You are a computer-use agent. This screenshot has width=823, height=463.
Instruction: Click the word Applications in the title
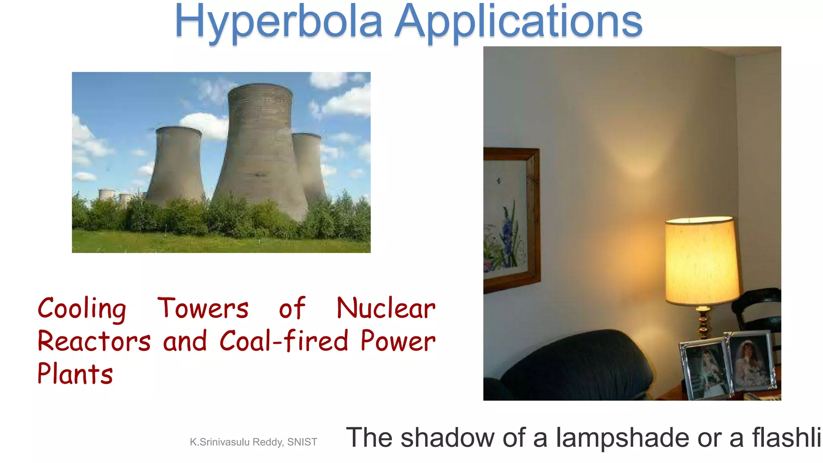pos(518,22)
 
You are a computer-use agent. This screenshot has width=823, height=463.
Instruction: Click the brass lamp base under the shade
pos(703,324)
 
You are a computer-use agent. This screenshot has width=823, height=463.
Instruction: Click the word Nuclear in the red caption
pos(386,309)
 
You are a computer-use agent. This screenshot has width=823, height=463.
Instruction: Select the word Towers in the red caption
pos(203,309)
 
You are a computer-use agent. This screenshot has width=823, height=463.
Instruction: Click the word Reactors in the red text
pos(94,341)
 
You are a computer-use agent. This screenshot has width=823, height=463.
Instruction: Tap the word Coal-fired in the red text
pos(284,340)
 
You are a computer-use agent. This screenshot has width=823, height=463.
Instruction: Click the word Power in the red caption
pos(398,341)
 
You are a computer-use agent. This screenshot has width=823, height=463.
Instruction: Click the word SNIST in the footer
pos(302,442)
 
